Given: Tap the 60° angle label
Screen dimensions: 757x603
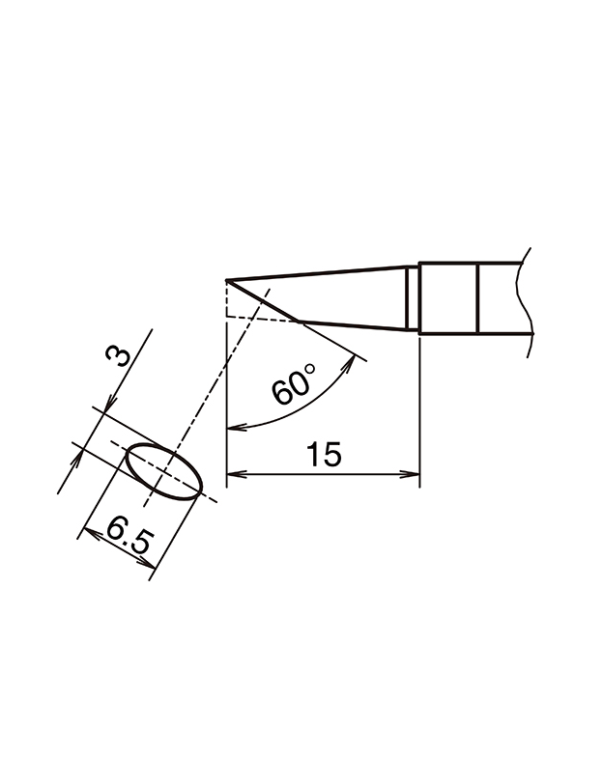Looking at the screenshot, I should (293, 385).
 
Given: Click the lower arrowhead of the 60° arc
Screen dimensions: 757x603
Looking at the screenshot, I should (233, 426).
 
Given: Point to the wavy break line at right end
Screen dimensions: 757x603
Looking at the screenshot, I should (527, 299).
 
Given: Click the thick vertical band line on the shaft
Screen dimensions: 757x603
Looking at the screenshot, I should (478, 299).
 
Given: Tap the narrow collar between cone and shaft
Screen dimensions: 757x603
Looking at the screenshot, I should (413, 299).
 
